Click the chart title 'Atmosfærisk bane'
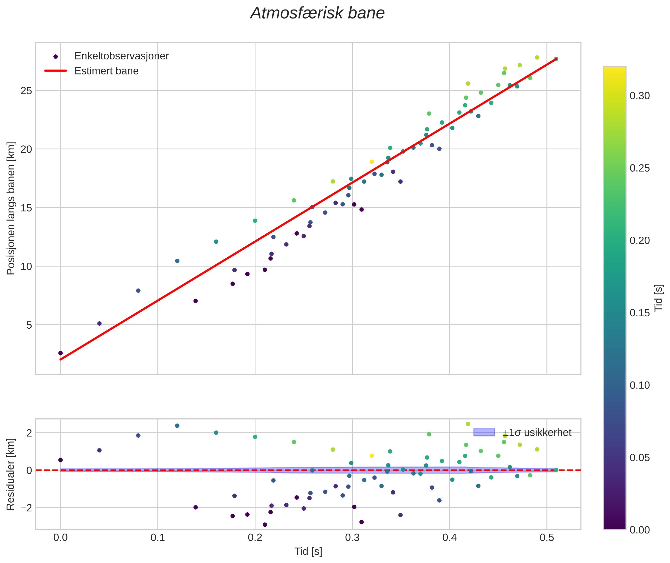click(x=317, y=13)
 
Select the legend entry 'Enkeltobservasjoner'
click(x=121, y=56)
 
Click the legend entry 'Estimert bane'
click(x=106, y=71)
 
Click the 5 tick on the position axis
click(x=29, y=325)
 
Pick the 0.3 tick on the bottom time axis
click(x=352, y=537)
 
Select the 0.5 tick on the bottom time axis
click(x=546, y=537)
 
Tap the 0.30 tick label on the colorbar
click(x=639, y=96)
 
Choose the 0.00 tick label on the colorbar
click(x=639, y=530)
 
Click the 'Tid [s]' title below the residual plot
click(x=308, y=551)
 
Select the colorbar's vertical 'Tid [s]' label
click(x=658, y=298)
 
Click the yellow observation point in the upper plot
click(x=371, y=162)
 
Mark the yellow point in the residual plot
click(x=371, y=456)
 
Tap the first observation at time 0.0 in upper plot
click(x=60, y=353)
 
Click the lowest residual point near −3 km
click(x=265, y=525)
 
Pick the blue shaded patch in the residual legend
click(x=484, y=432)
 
